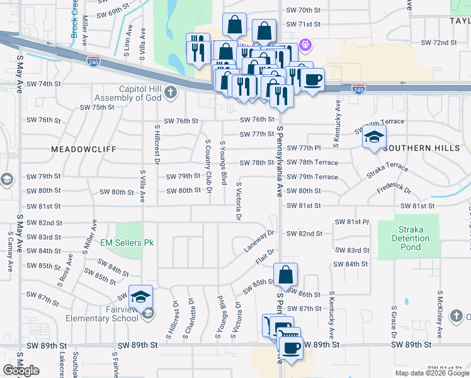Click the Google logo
coord(21,370)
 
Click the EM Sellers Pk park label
coord(127,242)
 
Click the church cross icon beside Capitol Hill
coord(170,94)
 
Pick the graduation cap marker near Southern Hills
coord(374,137)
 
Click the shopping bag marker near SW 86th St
coord(286,275)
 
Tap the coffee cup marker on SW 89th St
coord(290,348)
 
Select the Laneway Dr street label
coord(259,241)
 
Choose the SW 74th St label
coord(43,84)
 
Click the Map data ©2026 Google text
coord(431,373)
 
